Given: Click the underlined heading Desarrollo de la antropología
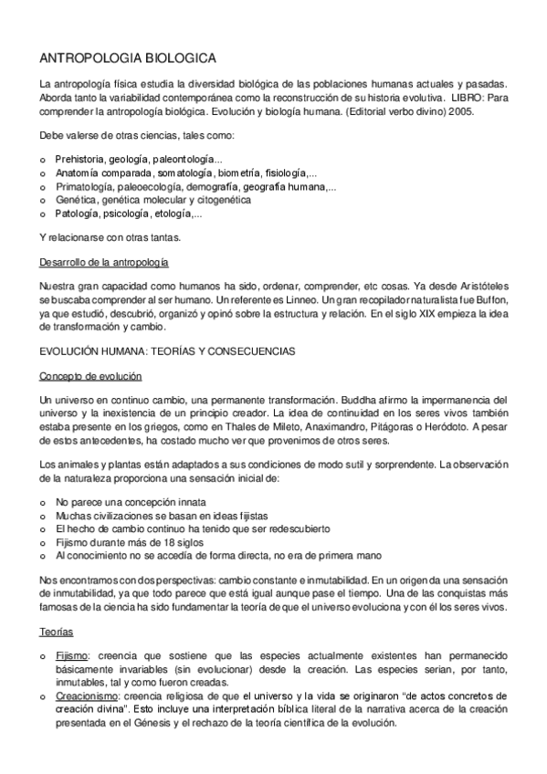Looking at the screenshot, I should [104, 263].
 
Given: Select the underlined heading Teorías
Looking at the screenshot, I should [56, 631].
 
